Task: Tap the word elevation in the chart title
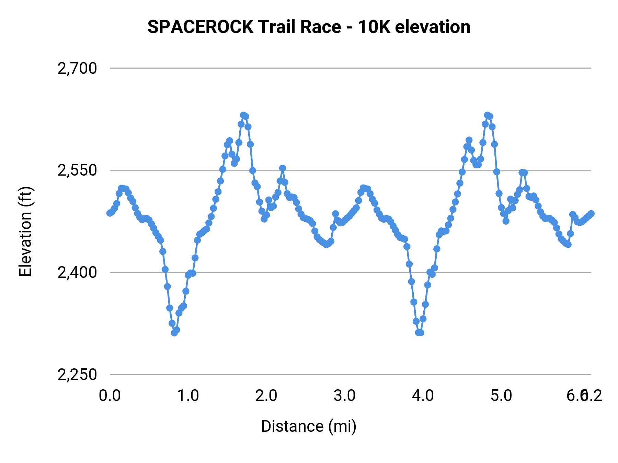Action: click(x=433, y=27)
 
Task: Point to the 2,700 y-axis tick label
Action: click(x=77, y=68)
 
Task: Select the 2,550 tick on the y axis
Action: click(x=77, y=170)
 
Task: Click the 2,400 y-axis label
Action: click(x=77, y=272)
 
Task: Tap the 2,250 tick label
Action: click(x=77, y=375)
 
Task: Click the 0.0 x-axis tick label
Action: click(x=110, y=396)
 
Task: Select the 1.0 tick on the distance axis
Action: click(x=188, y=396)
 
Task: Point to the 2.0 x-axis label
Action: click(x=266, y=396)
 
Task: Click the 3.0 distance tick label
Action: click(x=345, y=396)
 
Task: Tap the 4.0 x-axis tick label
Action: click(x=423, y=396)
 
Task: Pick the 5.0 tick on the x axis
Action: click(x=501, y=396)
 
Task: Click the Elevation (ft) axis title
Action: click(x=25, y=231)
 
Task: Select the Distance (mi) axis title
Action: click(x=309, y=426)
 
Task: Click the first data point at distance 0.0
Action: click(x=110, y=213)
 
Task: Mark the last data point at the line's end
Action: click(x=591, y=213)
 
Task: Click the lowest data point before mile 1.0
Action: click(x=174, y=333)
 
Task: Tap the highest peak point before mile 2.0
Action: click(x=243, y=115)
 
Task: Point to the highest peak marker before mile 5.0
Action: click(x=487, y=115)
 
